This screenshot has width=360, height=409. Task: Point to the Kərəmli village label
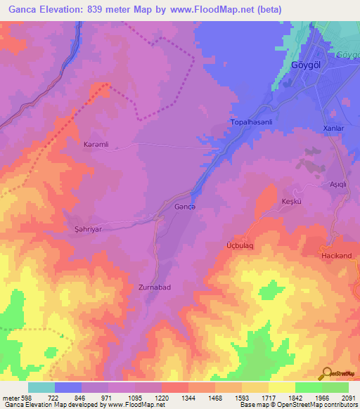(96, 143)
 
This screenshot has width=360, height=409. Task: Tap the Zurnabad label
(155, 287)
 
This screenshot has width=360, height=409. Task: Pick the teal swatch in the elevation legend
(41, 387)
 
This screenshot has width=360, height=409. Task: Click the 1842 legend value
(295, 398)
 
